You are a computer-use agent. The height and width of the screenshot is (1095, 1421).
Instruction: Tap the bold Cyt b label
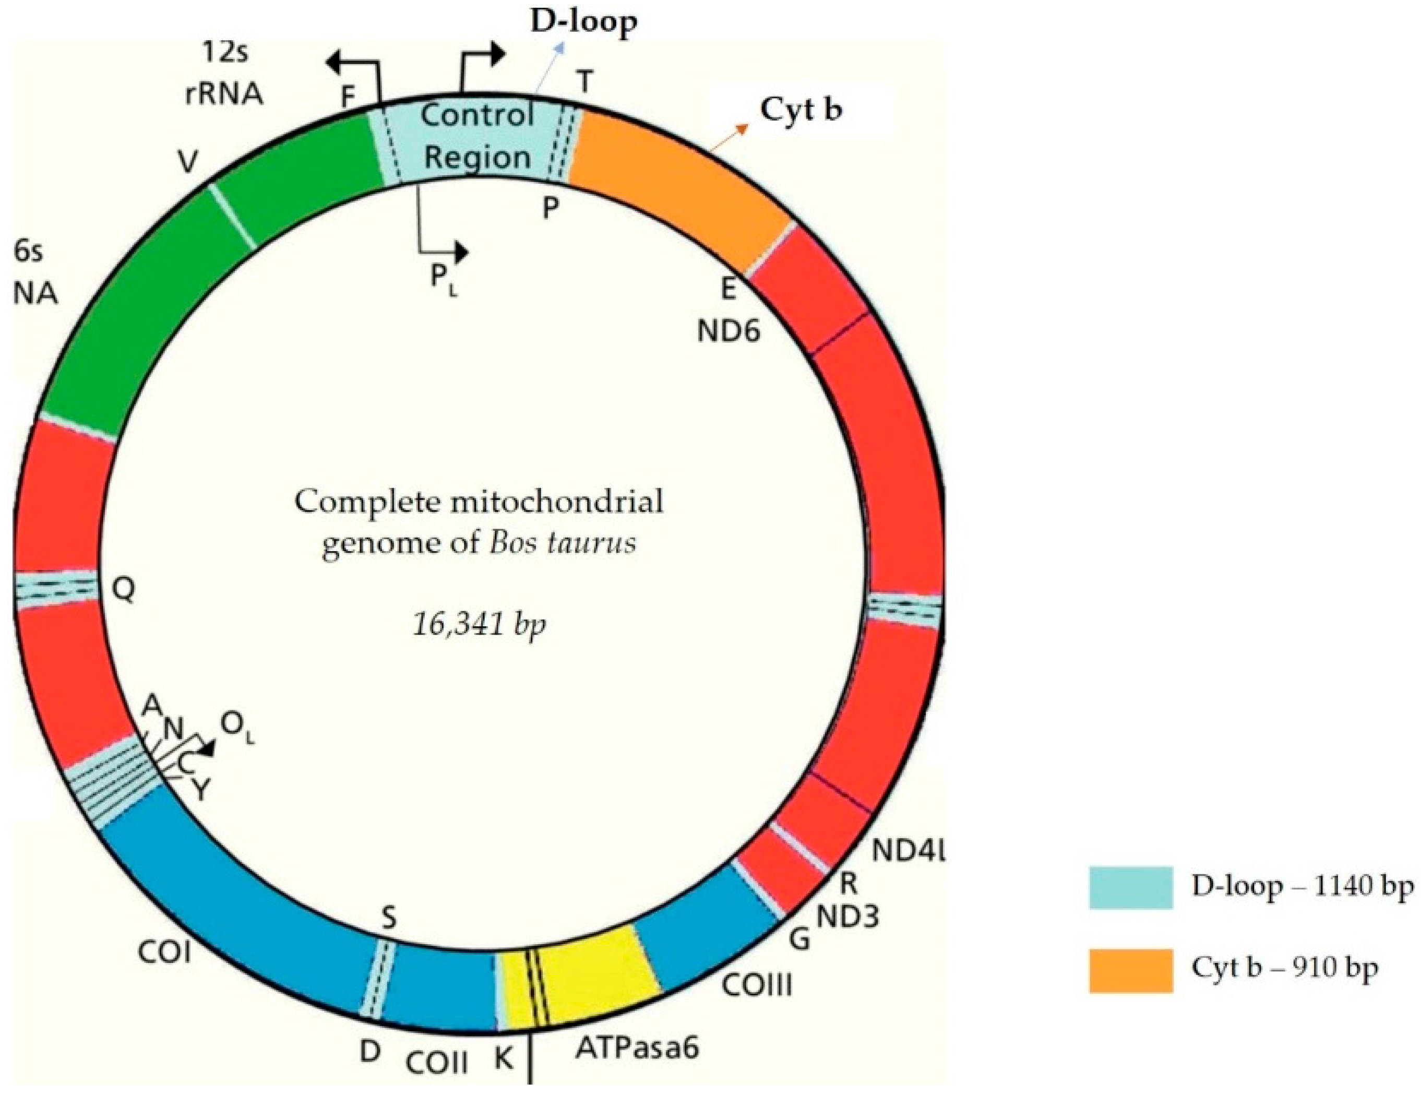(x=801, y=111)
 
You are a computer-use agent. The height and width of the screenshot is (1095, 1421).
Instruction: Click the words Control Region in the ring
(x=477, y=137)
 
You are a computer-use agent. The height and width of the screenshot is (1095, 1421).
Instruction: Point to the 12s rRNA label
(x=223, y=74)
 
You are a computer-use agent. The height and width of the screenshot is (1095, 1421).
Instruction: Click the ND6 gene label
(x=728, y=332)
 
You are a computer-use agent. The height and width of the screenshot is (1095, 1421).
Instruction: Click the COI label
(x=164, y=954)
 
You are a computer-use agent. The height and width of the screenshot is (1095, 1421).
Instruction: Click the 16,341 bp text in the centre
(x=480, y=625)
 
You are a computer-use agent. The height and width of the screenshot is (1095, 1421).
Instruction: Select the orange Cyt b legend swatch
(x=1131, y=970)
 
